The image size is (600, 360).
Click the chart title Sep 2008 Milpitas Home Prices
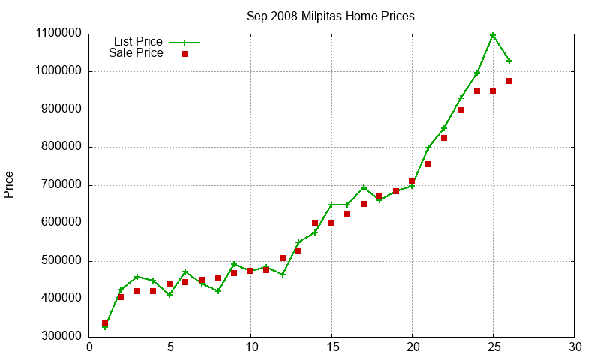point(331,16)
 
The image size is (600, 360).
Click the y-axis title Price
point(9,184)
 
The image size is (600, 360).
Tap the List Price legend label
point(138,42)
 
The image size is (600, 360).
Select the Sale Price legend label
point(136,53)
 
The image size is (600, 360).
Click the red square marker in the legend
point(184,54)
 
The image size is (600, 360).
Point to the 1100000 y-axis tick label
point(58,34)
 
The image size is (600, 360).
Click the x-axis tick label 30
point(574,347)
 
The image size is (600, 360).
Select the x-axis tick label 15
point(331,347)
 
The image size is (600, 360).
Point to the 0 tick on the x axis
point(89,347)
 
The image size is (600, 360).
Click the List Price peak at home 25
point(493,34)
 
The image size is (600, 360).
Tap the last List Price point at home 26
point(509,61)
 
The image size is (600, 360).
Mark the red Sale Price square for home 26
point(509,81)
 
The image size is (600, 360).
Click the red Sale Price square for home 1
point(105,324)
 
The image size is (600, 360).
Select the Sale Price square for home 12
point(283,258)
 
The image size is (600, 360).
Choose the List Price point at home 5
point(169,295)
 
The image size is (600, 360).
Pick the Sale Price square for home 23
point(460,109)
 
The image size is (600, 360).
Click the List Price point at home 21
point(428,148)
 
